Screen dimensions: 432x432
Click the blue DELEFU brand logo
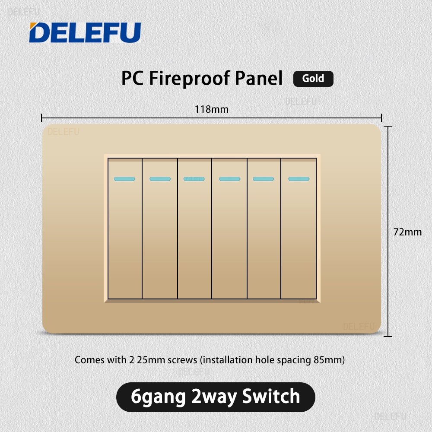pyautogui.click(x=85, y=32)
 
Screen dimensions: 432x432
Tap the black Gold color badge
pyautogui.click(x=313, y=79)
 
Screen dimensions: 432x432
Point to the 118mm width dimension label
pyautogui.click(x=212, y=109)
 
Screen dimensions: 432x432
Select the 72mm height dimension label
pyautogui.click(x=407, y=232)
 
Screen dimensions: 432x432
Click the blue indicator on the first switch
pyautogui.click(x=124, y=179)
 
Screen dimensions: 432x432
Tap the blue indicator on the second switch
pyautogui.click(x=160, y=179)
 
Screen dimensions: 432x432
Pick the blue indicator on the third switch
pyautogui.click(x=194, y=179)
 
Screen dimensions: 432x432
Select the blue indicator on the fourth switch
pyautogui.click(x=230, y=179)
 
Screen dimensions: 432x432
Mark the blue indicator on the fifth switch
pyautogui.click(x=264, y=179)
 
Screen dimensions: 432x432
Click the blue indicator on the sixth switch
pyautogui.click(x=299, y=179)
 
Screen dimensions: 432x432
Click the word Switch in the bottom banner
pyautogui.click(x=271, y=396)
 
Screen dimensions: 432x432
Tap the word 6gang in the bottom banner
pyautogui.click(x=158, y=398)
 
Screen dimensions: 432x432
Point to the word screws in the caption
pyautogui.click(x=182, y=360)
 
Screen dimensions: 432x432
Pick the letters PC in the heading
pyautogui.click(x=133, y=78)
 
